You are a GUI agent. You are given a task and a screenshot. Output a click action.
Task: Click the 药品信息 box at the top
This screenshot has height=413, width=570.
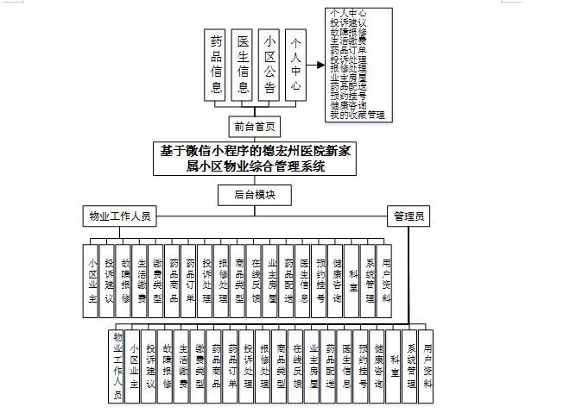(x=216, y=64)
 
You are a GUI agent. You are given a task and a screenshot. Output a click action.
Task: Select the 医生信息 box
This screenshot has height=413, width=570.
(x=243, y=64)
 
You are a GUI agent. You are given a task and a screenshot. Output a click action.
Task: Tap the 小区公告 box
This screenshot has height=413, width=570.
(x=269, y=64)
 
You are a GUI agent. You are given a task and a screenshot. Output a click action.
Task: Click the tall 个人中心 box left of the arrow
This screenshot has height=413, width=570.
(x=296, y=64)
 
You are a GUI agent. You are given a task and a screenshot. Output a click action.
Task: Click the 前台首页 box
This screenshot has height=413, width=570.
(x=256, y=128)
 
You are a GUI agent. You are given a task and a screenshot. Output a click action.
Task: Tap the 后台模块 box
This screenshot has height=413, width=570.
(x=256, y=195)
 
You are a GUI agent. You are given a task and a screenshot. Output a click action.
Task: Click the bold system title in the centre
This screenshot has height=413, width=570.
(x=255, y=159)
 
